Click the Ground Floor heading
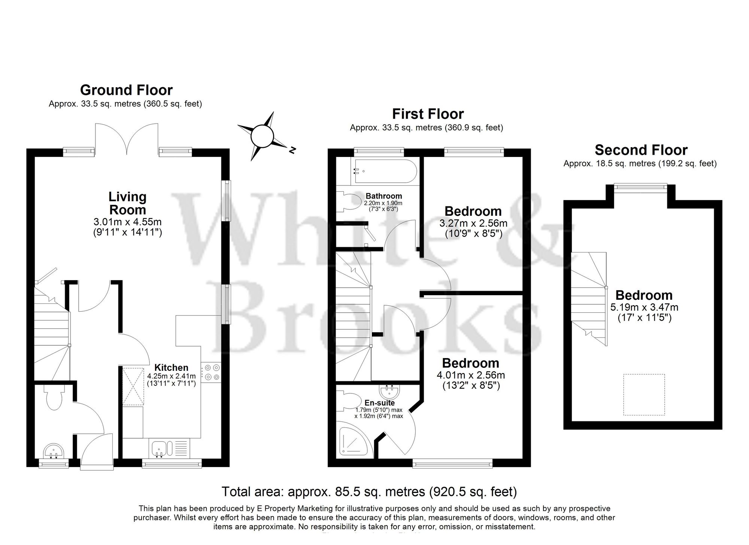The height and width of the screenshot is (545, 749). tap(126, 90)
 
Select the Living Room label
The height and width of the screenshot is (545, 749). tap(127, 203)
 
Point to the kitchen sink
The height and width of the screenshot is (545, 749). tap(160, 448)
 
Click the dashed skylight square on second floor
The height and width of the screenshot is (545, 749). tap(644, 394)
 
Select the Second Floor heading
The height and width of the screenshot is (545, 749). tap(641, 150)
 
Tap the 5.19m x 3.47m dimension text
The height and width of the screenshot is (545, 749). tap(644, 308)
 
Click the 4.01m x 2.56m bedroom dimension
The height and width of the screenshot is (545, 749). tap(471, 375)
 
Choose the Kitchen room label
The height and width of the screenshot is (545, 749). tap(171, 367)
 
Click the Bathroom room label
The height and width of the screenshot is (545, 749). tap(383, 196)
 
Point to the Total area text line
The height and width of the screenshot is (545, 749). tap(369, 491)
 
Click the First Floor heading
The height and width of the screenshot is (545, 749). tap(428, 114)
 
